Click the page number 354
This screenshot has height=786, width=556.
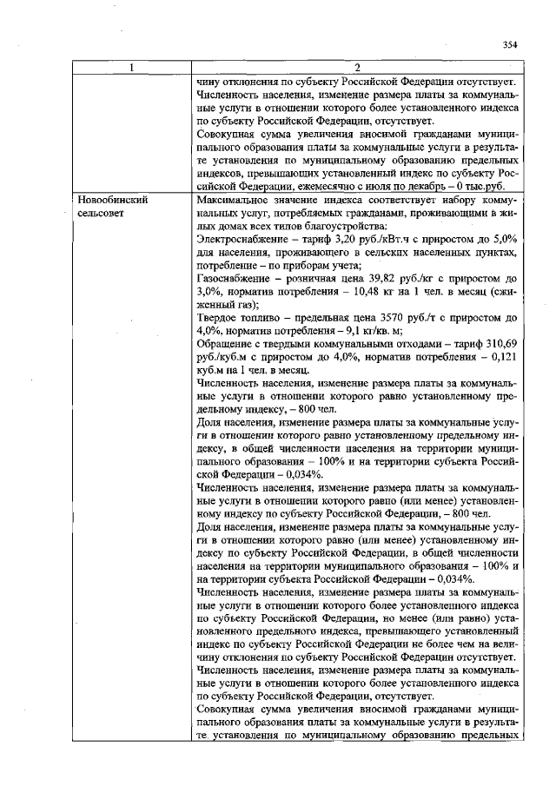pos(509,44)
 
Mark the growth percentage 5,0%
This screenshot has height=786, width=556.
pos(504,239)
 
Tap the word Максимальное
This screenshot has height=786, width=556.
pos(235,200)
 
